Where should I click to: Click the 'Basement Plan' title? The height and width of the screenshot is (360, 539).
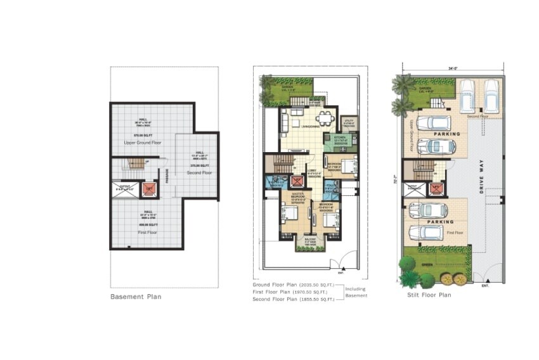(136, 297)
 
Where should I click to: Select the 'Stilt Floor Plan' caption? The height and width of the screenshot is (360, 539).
(429, 295)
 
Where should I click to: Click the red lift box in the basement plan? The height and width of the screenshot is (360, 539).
(148, 188)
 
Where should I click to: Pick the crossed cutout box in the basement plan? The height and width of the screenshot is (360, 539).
(125, 188)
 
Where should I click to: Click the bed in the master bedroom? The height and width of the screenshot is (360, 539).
(289, 215)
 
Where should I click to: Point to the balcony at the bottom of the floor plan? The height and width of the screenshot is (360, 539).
(311, 242)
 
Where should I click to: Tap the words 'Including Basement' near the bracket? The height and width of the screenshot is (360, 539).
(356, 292)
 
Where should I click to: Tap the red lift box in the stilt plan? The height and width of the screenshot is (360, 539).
(435, 188)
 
